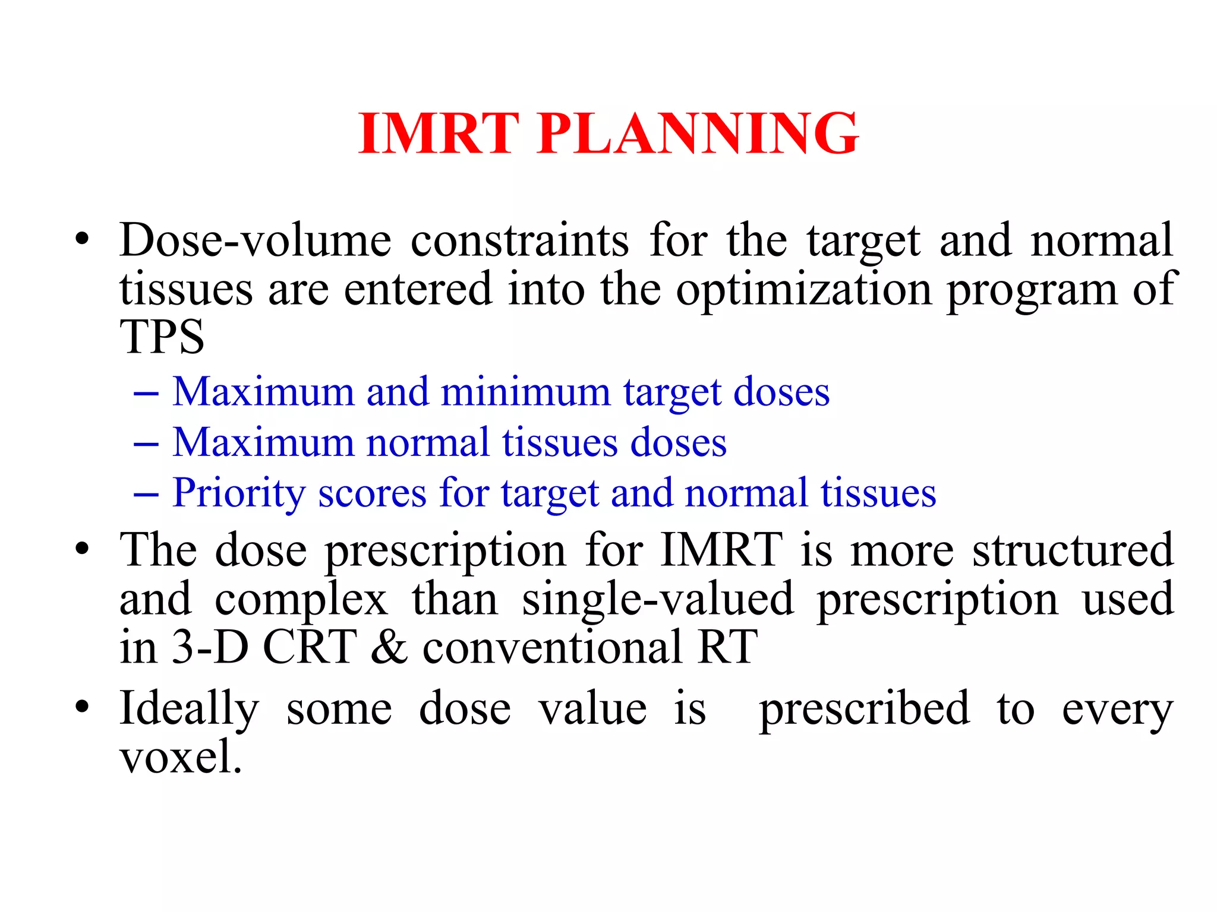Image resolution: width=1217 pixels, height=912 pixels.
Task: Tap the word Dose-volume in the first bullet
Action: (256, 240)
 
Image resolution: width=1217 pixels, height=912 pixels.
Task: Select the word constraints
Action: (519, 240)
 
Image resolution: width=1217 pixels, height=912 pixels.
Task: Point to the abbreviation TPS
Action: (162, 337)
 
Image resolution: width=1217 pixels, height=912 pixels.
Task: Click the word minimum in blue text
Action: (525, 392)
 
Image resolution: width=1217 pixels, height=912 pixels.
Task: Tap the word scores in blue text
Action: (372, 493)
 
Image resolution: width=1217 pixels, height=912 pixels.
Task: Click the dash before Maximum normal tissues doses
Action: (146, 444)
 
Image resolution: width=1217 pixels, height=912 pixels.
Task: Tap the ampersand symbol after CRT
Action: (389, 647)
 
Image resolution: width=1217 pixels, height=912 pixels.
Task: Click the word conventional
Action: (552, 647)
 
